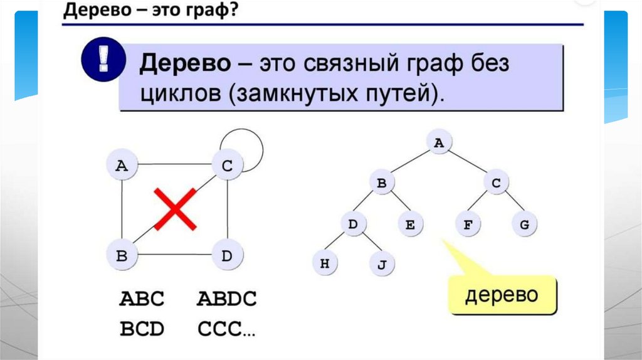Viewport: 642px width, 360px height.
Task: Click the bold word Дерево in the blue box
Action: pyautogui.click(x=183, y=64)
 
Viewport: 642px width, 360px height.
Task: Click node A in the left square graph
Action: pyautogui.click(x=122, y=165)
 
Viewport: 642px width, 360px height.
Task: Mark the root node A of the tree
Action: pyautogui.click(x=439, y=143)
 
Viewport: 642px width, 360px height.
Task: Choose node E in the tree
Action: pyautogui.click(x=409, y=224)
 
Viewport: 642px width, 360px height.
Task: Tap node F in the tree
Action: pyautogui.click(x=467, y=224)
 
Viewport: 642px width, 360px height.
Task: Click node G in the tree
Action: pyautogui.click(x=524, y=224)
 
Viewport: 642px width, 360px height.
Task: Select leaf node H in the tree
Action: pyautogui.click(x=325, y=263)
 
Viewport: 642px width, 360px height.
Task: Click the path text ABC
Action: pyautogui.click(x=142, y=299)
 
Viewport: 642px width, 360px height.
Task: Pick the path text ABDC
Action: pyautogui.click(x=226, y=299)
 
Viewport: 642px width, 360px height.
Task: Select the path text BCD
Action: pyautogui.click(x=142, y=328)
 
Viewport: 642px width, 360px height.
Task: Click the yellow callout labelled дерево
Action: pyautogui.click(x=502, y=295)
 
